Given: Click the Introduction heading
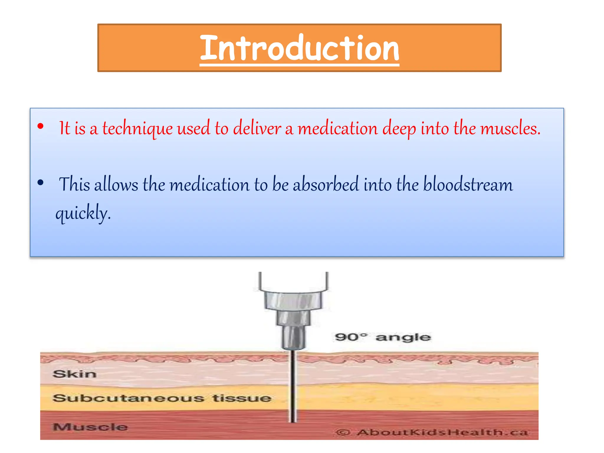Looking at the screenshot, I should (x=299, y=48).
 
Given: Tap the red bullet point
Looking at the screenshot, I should (x=41, y=127).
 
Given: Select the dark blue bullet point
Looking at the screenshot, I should (x=41, y=183).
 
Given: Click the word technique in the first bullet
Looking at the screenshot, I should (x=137, y=129).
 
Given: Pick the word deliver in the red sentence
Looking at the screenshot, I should (x=257, y=129).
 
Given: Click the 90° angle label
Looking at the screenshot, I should (x=383, y=337).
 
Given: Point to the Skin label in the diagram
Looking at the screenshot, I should (x=75, y=374).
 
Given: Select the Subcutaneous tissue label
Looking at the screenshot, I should (x=162, y=398).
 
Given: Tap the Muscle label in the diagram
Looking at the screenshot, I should (x=90, y=427).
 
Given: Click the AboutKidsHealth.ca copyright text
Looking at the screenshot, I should (x=432, y=432).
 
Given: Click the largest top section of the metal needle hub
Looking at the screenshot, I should (x=293, y=301).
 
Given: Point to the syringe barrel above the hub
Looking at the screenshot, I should (x=293, y=280).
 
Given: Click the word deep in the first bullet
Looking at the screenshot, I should (x=399, y=129).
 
